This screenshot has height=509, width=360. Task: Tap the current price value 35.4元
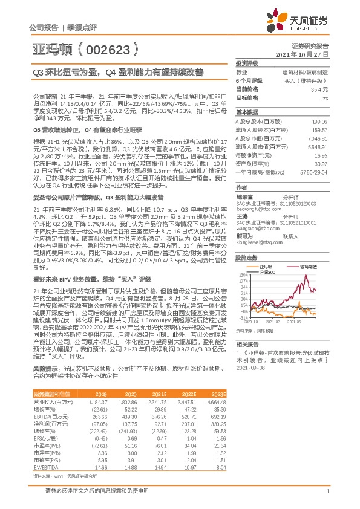click(320, 89)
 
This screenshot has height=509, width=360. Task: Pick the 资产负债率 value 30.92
click(321, 164)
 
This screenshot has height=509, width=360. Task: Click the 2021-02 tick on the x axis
click(279, 322)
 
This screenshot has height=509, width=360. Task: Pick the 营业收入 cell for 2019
click(97, 401)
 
